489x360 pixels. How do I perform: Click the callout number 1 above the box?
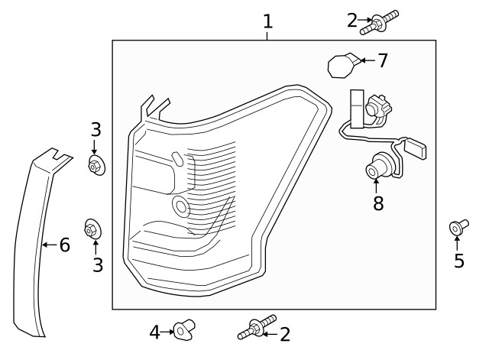[x=267, y=21]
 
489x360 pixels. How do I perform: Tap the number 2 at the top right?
[x=352, y=21]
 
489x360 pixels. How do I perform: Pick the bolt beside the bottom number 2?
[x=256, y=329]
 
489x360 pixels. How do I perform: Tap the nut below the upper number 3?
[x=96, y=165]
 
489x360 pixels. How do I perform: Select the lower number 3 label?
[x=96, y=264]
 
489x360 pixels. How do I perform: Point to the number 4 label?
[x=154, y=332]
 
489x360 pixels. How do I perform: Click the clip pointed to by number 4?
[x=183, y=329]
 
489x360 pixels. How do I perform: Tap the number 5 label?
[x=458, y=261]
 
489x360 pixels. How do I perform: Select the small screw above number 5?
[x=457, y=226]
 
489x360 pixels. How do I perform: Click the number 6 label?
[x=64, y=245]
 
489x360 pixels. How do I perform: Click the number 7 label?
[x=383, y=60]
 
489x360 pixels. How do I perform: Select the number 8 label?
[x=377, y=203]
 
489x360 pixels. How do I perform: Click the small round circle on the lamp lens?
[x=181, y=205]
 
